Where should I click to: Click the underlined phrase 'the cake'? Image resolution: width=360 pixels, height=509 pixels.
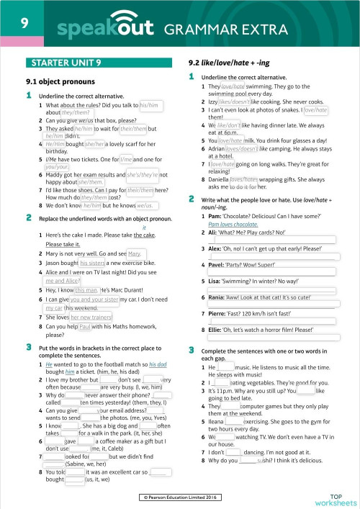pyautogui.click(x=145, y=235)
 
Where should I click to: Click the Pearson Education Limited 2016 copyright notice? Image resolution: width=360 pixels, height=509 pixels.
pyautogui.click(x=180, y=496)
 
